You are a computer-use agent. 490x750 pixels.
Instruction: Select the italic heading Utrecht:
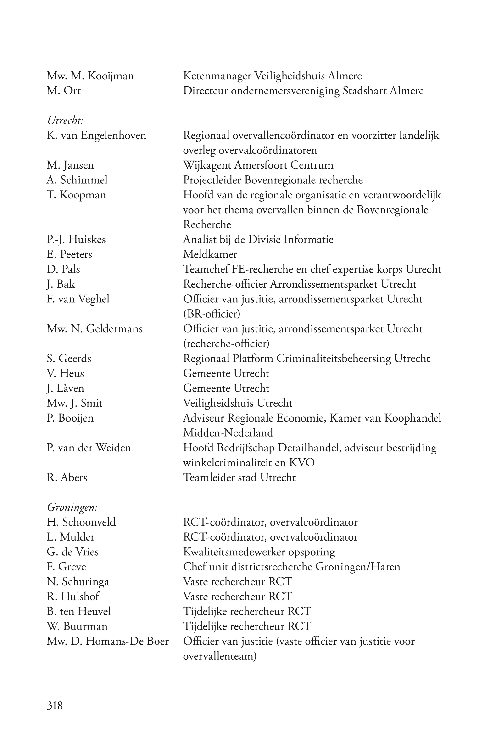tap(65, 120)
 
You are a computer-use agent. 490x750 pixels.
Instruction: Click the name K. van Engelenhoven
tap(96, 136)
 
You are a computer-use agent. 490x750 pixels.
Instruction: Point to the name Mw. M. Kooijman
tap(90, 76)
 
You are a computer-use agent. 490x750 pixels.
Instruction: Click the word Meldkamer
tap(210, 254)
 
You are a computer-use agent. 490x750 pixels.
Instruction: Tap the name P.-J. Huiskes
tap(76, 240)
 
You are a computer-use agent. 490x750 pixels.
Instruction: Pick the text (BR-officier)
tap(212, 314)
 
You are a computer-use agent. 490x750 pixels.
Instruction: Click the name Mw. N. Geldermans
tap(95, 329)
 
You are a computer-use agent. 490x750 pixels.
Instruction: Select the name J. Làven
tap(66, 388)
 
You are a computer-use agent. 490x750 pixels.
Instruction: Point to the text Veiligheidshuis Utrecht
tap(238, 403)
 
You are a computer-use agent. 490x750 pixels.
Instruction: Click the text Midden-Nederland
tap(228, 433)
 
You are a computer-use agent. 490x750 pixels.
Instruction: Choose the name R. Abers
tap(67, 477)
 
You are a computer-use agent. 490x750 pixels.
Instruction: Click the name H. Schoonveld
tap(81, 522)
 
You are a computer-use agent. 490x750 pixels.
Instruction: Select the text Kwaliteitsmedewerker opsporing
tap(259, 552)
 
